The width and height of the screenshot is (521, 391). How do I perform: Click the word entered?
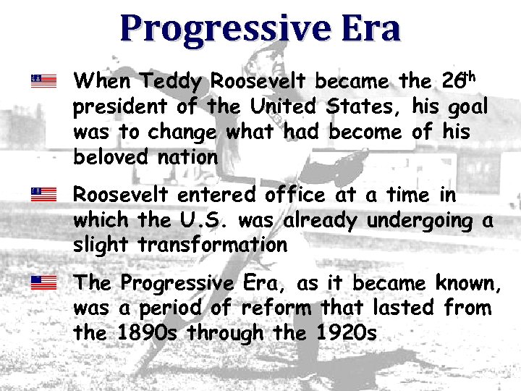tap(211, 195)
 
